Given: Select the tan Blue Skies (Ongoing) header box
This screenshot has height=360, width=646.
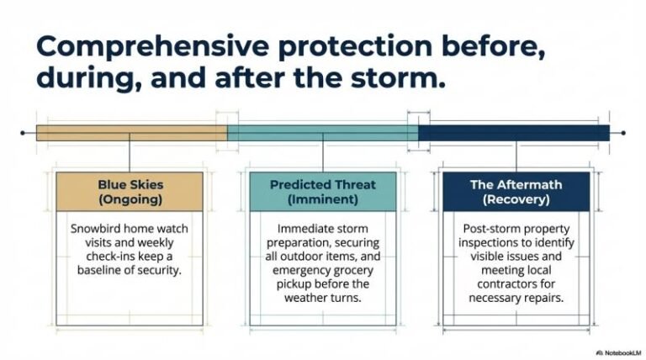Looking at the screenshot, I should [129, 192].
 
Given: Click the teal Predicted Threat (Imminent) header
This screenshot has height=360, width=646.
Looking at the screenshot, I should [323, 192].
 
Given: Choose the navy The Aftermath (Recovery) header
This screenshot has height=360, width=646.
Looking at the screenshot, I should [516, 192].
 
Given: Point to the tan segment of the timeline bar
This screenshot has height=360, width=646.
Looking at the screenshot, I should [131, 133].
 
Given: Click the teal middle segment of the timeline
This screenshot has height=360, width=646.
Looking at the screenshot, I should [323, 133].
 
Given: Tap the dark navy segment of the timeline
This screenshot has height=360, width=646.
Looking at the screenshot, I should [514, 133].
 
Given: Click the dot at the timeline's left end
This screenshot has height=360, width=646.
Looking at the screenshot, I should [23, 133].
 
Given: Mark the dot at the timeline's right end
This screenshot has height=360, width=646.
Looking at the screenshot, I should [622, 133].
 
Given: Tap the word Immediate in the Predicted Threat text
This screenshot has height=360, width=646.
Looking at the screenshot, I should [305, 228].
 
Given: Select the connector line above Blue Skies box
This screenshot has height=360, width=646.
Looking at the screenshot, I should [129, 156].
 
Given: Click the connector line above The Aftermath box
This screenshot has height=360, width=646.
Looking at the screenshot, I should [516, 156].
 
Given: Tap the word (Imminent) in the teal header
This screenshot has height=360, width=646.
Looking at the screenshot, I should [323, 200].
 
